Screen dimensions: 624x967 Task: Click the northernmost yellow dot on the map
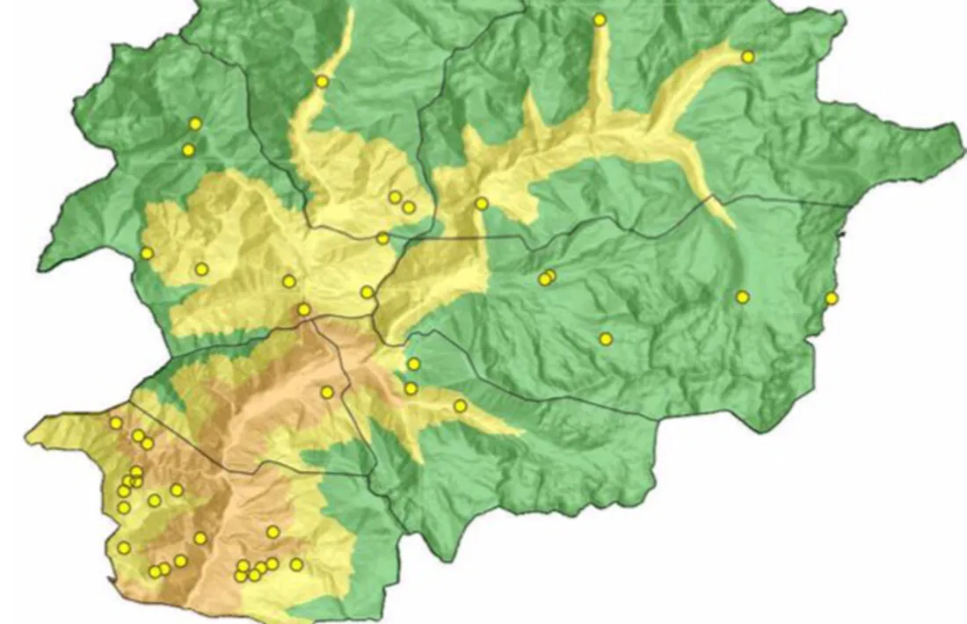click(600, 19)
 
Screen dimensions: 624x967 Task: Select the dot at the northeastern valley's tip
click(747, 57)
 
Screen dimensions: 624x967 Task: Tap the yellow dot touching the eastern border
click(831, 299)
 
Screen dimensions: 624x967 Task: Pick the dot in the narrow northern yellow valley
click(322, 82)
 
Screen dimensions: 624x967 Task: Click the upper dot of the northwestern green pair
click(195, 124)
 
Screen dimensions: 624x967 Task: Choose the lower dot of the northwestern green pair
click(188, 150)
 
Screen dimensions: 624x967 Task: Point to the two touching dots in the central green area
click(547, 278)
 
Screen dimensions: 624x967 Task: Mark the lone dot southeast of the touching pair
click(606, 338)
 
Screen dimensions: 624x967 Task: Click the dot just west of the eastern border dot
click(742, 297)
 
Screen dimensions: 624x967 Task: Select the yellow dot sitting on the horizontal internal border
click(382, 238)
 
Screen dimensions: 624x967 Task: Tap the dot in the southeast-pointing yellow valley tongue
click(460, 405)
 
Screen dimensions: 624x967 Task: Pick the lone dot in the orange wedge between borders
click(327, 392)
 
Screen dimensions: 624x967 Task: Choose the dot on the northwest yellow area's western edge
click(147, 253)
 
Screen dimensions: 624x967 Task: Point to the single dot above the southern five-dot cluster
click(273, 532)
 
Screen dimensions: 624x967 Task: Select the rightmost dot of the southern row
click(296, 564)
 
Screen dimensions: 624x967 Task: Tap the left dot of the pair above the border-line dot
click(395, 197)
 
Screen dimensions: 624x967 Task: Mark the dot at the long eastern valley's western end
click(481, 204)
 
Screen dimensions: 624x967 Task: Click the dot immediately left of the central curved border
click(367, 292)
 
